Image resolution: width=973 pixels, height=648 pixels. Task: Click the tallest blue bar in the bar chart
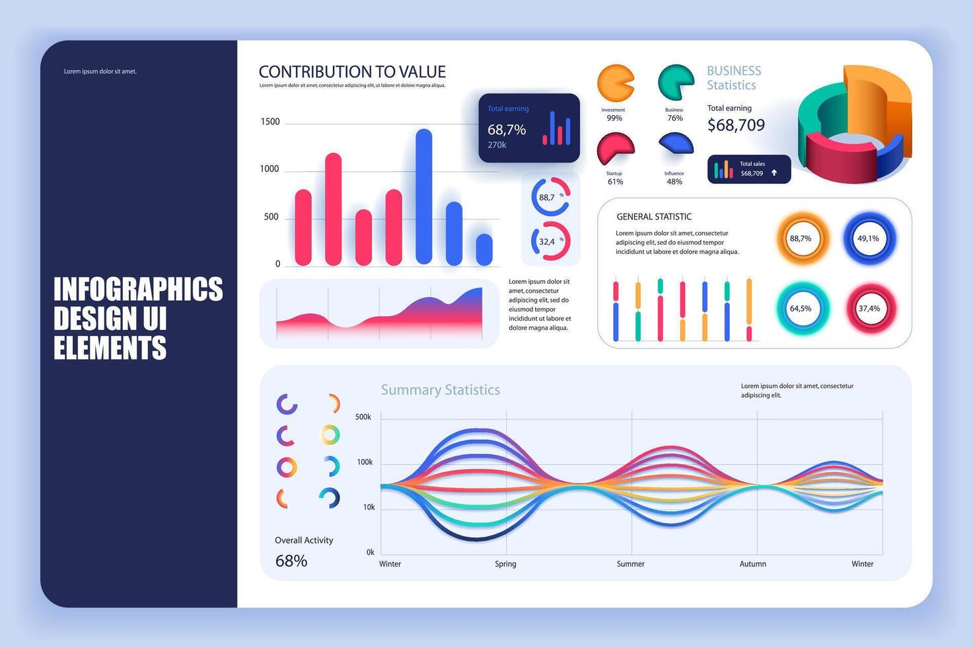pyautogui.click(x=423, y=196)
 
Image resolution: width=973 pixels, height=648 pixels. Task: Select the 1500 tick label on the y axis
pyautogui.click(x=270, y=122)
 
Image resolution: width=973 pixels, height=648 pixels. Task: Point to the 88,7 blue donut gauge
pyautogui.click(x=550, y=196)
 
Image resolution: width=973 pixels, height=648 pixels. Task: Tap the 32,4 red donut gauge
pyautogui.click(x=550, y=241)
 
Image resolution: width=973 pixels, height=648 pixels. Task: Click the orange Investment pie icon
pyautogui.click(x=615, y=83)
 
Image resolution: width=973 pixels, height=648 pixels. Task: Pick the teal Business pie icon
pyautogui.click(x=674, y=83)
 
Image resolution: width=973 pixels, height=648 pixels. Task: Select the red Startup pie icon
pyautogui.click(x=615, y=149)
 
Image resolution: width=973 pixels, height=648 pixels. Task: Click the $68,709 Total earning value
pyautogui.click(x=736, y=125)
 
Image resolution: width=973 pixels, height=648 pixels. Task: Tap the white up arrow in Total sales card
pyautogui.click(x=774, y=173)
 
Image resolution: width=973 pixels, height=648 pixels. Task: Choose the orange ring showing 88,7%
pyautogui.click(x=801, y=238)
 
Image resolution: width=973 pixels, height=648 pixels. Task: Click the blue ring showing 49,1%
pyautogui.click(x=869, y=238)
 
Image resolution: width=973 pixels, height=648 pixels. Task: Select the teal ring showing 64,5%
pyautogui.click(x=801, y=308)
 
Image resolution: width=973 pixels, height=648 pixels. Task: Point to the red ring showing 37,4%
pyautogui.click(x=869, y=308)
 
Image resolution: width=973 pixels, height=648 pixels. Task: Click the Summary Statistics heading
pyautogui.click(x=440, y=390)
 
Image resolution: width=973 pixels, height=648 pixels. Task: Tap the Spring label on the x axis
pyautogui.click(x=505, y=564)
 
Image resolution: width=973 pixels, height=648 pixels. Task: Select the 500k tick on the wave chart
pyautogui.click(x=363, y=417)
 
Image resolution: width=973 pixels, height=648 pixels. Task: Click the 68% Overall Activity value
pyautogui.click(x=291, y=561)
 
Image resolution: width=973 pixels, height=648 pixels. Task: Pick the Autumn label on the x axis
pyautogui.click(x=752, y=564)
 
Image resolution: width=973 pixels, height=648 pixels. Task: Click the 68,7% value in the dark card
pyautogui.click(x=507, y=130)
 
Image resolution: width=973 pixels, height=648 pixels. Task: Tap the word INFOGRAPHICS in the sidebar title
pyautogui.click(x=138, y=290)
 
